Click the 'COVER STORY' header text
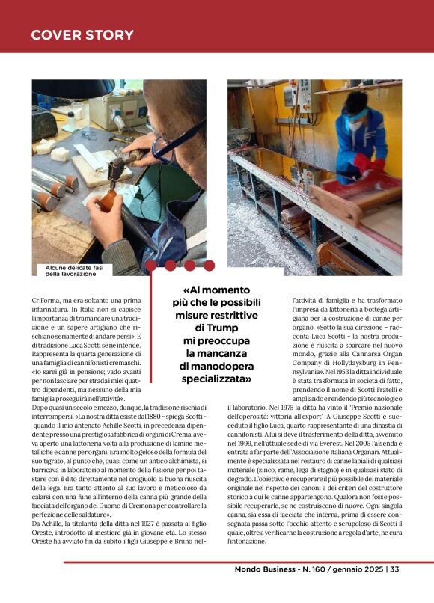pyautogui.click(x=82, y=35)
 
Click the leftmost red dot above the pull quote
pyautogui.click(x=151, y=265)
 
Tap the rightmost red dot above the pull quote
pyautogui.click(x=209, y=265)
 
